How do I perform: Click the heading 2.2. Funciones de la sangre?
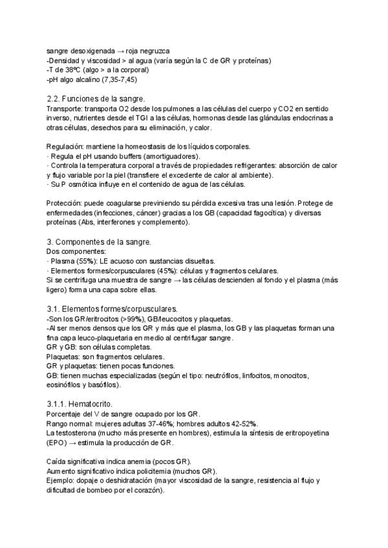[97, 99]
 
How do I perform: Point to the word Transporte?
[65, 109]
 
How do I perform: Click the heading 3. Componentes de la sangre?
[99, 242]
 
